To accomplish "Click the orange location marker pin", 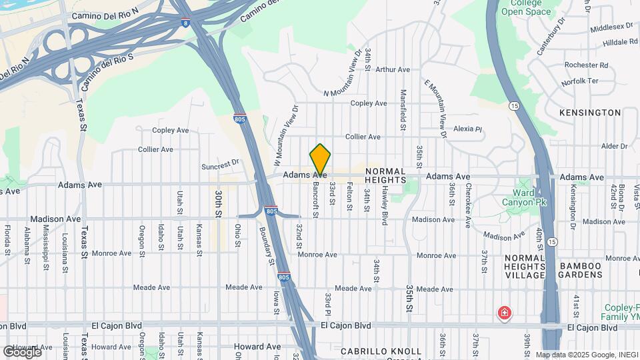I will tap(320, 160).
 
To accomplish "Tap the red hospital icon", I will tap(505, 313).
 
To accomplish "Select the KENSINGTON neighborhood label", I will tap(589, 113).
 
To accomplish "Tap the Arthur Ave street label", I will tap(393, 69).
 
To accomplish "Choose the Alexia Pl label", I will tap(467, 129).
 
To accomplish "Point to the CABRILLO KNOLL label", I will tap(381, 351).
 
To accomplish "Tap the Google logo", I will tap(22, 351).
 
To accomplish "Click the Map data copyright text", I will tap(585, 355).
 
